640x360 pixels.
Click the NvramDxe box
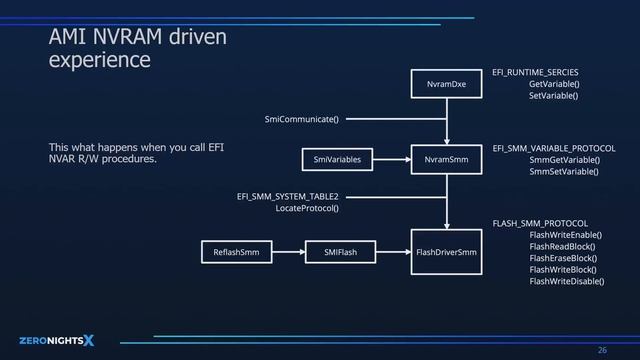point(446,85)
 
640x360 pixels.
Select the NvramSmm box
point(446,159)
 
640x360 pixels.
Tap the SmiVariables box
point(337,159)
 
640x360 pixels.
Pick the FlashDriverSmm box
point(446,252)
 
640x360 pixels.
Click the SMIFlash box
point(340,252)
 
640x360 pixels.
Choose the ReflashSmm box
point(237,252)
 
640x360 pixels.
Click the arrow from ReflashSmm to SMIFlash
point(289,252)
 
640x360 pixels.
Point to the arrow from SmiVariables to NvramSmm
point(393,159)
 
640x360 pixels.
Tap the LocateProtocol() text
point(307,208)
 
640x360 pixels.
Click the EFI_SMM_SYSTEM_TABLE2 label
point(288,196)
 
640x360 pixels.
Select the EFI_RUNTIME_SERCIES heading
point(536,73)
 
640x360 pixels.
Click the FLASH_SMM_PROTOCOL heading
point(540,223)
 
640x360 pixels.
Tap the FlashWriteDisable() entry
point(566,282)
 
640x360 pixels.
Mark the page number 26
point(602,349)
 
